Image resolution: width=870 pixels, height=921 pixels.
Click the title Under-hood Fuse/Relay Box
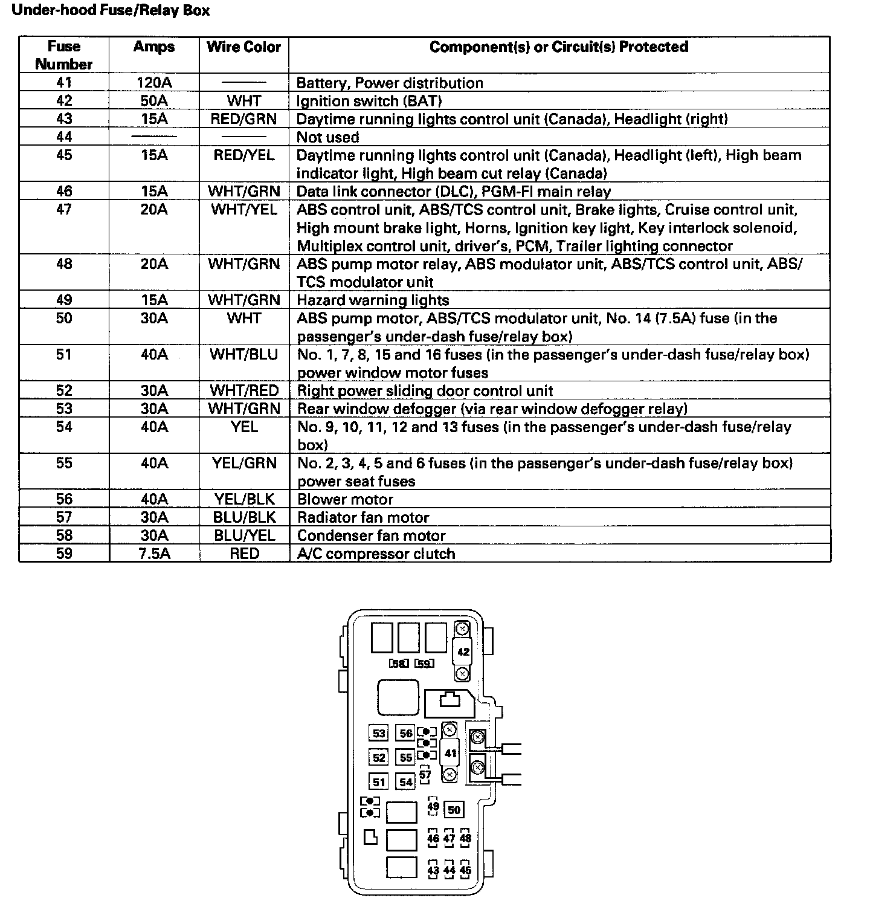click(111, 11)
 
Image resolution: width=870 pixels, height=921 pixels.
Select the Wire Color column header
click(244, 47)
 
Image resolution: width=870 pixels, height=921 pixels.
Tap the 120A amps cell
click(154, 83)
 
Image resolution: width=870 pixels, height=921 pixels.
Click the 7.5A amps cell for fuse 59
click(154, 554)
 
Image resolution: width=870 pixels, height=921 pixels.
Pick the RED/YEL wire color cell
click(244, 155)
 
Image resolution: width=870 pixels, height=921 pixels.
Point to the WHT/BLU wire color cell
click(244, 354)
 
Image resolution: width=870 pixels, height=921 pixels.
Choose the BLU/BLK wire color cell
click(244, 517)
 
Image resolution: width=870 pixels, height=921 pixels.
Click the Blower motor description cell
click(345, 499)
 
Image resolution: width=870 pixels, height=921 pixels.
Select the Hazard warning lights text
click(373, 300)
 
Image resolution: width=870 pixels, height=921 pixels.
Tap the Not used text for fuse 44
click(328, 137)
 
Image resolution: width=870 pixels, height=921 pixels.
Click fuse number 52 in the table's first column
click(64, 390)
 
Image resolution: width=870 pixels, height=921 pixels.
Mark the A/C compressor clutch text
click(376, 554)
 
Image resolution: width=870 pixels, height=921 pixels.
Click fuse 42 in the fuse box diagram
click(463, 652)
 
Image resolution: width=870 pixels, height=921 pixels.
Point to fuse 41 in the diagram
click(451, 753)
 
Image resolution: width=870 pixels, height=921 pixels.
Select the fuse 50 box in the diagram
click(454, 810)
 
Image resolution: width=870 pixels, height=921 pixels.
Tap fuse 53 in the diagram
click(379, 734)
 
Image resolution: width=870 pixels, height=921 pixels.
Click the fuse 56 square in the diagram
click(405, 734)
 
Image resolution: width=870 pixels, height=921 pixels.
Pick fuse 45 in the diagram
click(465, 870)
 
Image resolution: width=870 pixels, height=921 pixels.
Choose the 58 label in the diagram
click(398, 664)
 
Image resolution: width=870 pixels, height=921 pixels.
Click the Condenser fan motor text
click(371, 535)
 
